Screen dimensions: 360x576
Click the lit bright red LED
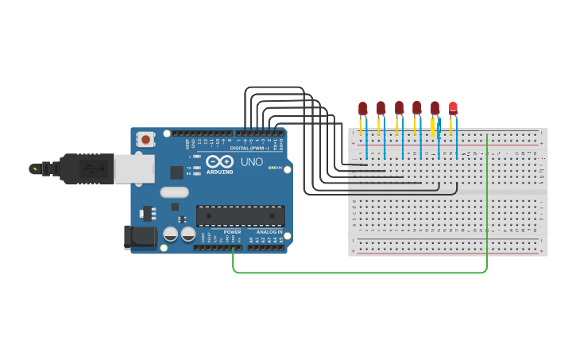[453, 107]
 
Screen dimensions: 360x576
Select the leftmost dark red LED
[362, 107]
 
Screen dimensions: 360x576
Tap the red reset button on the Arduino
[145, 139]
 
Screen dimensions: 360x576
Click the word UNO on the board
[251, 162]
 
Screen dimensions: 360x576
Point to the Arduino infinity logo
[219, 161]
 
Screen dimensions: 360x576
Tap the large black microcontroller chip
[240, 215]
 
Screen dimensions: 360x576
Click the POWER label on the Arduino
[232, 231]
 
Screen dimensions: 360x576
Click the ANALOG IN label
[269, 231]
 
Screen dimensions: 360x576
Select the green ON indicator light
[273, 168]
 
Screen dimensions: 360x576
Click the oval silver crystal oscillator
[174, 192]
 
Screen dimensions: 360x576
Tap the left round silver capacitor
[171, 234]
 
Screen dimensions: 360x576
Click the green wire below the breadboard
[358, 273]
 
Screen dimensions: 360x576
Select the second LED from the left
[381, 107]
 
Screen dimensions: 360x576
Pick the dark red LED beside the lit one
[435, 107]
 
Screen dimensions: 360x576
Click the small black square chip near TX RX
[176, 172]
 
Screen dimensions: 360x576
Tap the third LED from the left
[399, 107]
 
